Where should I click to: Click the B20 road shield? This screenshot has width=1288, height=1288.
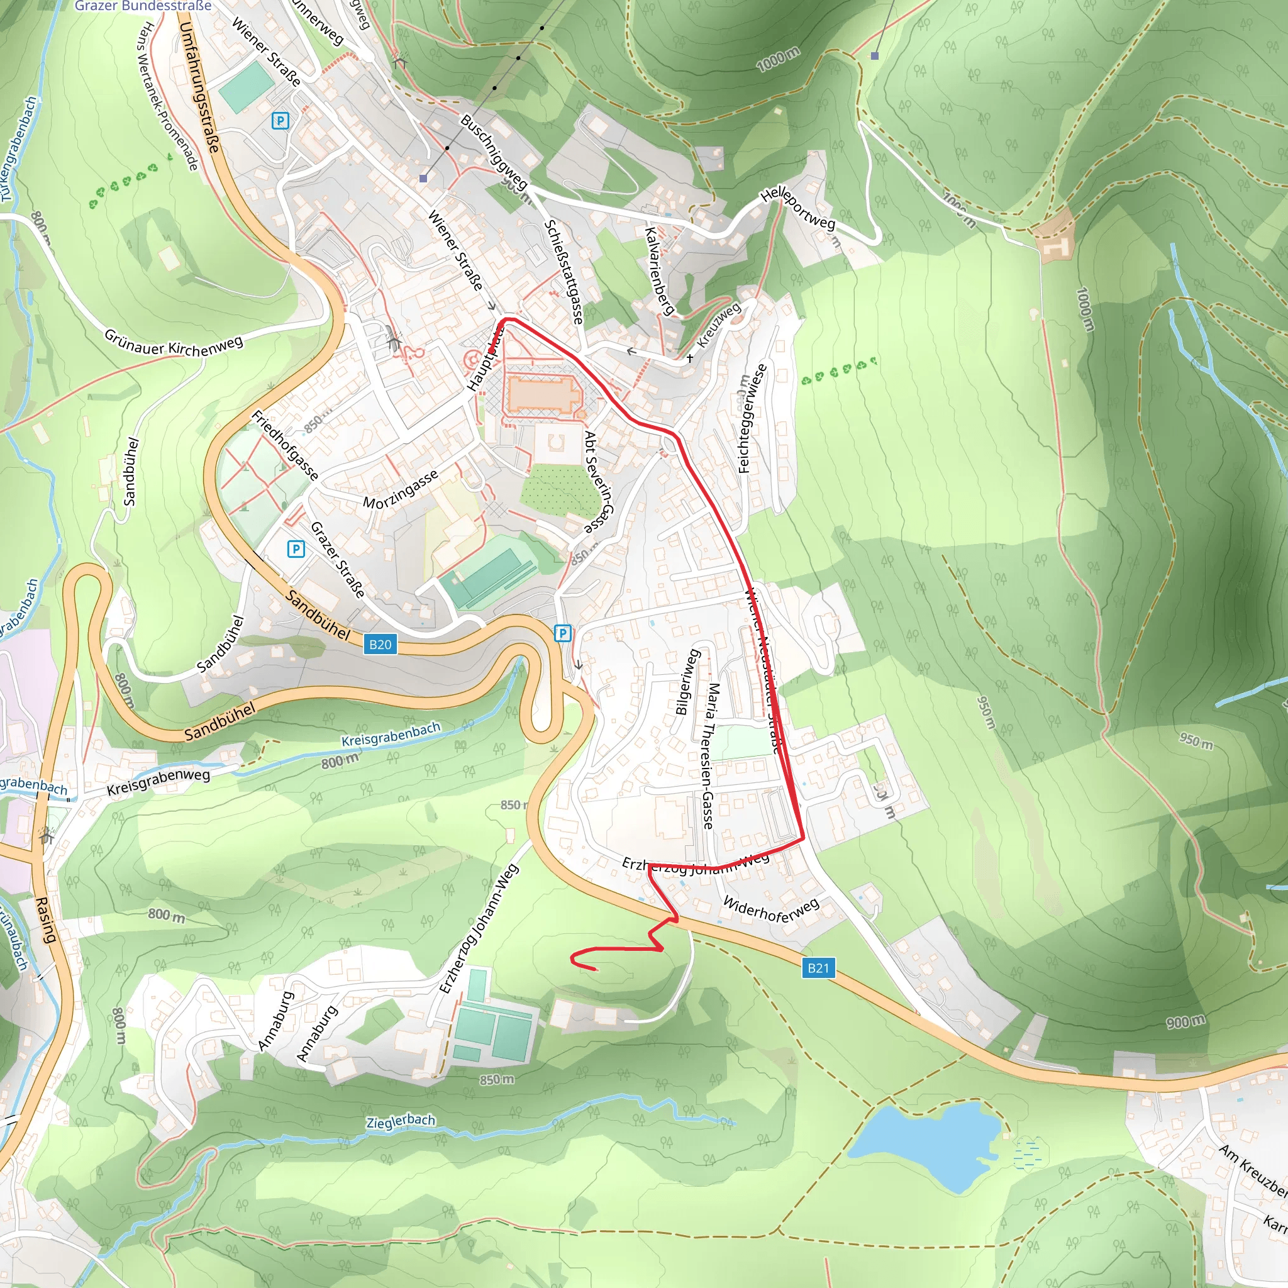click(x=380, y=644)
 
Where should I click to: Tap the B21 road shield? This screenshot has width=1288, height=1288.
click(x=818, y=968)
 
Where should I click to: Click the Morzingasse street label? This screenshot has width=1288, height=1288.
click(x=401, y=489)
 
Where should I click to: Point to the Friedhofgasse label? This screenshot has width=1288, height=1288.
click(x=285, y=445)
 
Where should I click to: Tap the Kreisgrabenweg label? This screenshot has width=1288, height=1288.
click(x=158, y=782)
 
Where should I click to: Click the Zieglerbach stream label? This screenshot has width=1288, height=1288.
click(x=401, y=1121)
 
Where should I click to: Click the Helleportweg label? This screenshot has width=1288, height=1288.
click(x=797, y=208)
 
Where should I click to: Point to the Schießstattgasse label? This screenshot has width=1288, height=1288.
click(x=564, y=272)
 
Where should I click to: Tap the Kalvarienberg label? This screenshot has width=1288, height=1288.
click(x=659, y=270)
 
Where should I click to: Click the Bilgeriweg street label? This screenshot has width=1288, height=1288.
click(x=687, y=681)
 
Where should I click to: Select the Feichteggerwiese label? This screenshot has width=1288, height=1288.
click(x=753, y=419)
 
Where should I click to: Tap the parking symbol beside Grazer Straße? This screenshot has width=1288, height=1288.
click(x=296, y=548)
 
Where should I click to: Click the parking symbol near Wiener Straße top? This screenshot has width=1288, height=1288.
click(x=280, y=121)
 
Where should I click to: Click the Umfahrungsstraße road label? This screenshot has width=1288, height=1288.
click(x=199, y=87)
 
